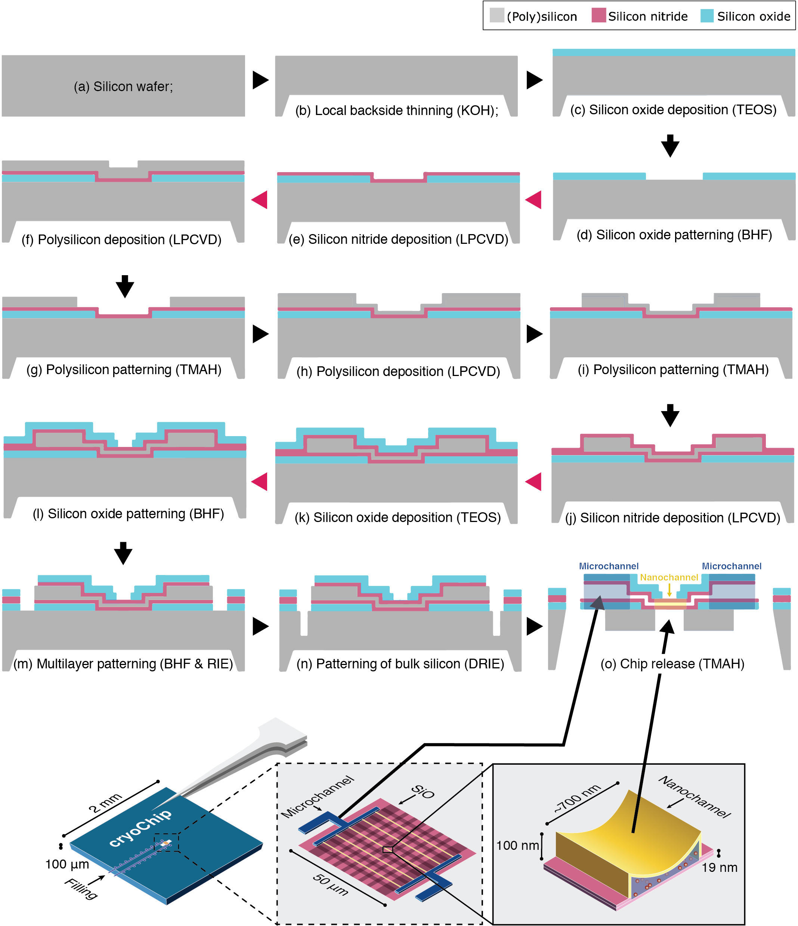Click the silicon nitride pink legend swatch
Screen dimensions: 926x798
pos(598,16)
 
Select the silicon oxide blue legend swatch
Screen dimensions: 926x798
pos(707,16)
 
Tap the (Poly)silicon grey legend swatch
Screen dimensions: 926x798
pos(497,16)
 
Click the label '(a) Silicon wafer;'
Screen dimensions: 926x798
pos(123,86)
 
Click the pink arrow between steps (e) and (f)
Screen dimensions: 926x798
pos(260,199)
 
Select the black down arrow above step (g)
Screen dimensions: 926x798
pos(125,286)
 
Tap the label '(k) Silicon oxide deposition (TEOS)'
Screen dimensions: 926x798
pos(398,517)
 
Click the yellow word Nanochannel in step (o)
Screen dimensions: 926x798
pos(669,577)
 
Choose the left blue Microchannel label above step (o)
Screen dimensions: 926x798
pos(609,566)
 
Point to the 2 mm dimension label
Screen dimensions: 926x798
pos(105,803)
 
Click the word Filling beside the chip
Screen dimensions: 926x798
pos(81,888)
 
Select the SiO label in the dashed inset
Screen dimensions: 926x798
pos(423,792)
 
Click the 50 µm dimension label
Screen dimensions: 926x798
pos(330,885)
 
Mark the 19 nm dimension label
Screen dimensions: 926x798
pos(719,867)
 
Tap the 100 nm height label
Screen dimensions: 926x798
pos(517,845)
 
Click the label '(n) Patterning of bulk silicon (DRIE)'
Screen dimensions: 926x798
pos(400,664)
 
